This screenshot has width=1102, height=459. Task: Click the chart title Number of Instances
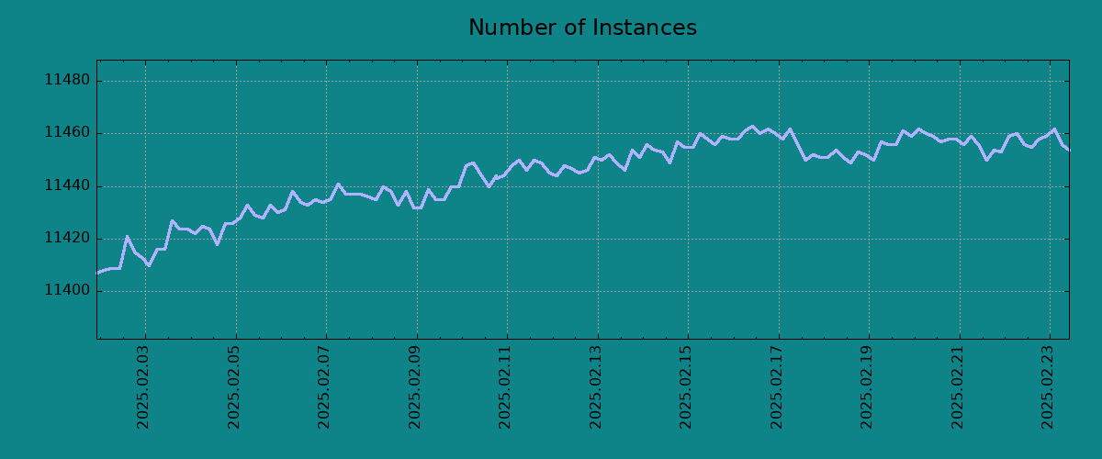582,28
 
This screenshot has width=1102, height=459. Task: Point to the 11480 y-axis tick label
67,80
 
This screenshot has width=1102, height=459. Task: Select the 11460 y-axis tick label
67,132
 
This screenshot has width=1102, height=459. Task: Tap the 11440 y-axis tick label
67,185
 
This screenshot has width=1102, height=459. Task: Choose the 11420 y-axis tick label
67,238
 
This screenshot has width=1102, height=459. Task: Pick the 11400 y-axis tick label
67,290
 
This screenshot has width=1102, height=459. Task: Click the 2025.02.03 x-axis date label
142,387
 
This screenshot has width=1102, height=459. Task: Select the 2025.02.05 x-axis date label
233,387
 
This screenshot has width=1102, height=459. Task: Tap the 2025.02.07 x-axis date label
323,387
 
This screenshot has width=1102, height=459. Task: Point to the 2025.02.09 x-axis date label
414,387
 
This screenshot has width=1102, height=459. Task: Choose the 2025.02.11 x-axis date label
504,387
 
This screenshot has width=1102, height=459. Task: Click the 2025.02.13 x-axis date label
595,387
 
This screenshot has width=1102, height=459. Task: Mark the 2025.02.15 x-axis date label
685,387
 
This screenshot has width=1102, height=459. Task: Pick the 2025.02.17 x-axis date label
776,387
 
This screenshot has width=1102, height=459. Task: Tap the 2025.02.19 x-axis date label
866,387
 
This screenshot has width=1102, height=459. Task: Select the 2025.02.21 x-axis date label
957,387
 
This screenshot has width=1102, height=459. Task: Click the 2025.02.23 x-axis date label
1047,387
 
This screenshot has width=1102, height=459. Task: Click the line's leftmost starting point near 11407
97,273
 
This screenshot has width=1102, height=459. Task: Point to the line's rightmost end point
1069,150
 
